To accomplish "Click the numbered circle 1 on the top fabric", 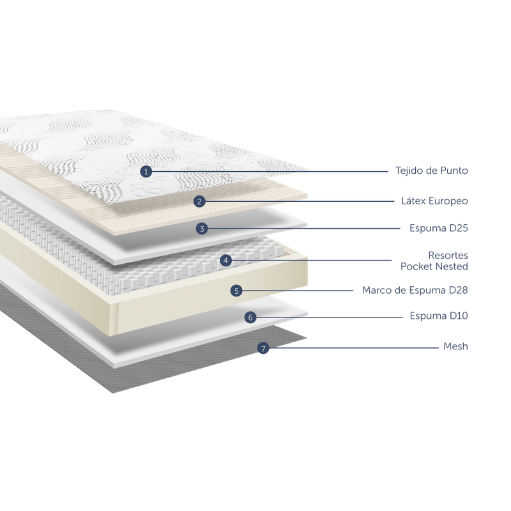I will [x=146, y=171].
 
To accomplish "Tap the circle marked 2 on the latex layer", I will [x=199, y=201].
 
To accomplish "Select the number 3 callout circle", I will [x=201, y=228].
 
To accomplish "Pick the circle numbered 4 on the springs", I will [x=225, y=260].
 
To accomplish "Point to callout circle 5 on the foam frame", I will [x=236, y=291].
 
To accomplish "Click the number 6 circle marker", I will [x=250, y=317].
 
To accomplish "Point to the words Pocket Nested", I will [x=435, y=264].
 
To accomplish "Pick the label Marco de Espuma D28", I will [x=415, y=290].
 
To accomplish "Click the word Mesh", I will [x=456, y=346].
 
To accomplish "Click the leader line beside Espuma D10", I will [x=332, y=317].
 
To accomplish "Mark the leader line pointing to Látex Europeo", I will [x=300, y=201].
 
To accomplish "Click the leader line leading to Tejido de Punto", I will [x=268, y=171].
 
